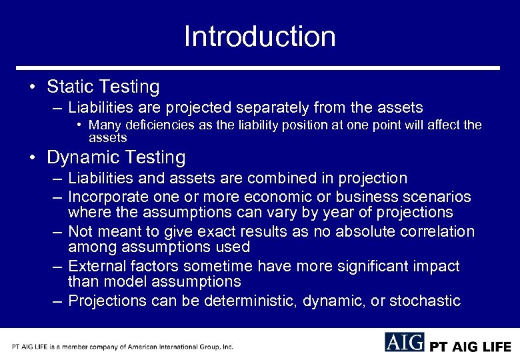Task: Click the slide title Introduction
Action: tap(259, 36)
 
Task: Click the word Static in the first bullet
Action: tap(69, 87)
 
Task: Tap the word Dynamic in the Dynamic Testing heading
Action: tap(83, 158)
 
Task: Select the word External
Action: tap(95, 267)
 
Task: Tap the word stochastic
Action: tap(425, 301)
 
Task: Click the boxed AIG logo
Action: tap(404, 343)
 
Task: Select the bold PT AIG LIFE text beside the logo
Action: tap(471, 347)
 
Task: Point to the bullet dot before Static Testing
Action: tap(32, 87)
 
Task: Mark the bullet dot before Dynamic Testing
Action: tap(32, 159)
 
